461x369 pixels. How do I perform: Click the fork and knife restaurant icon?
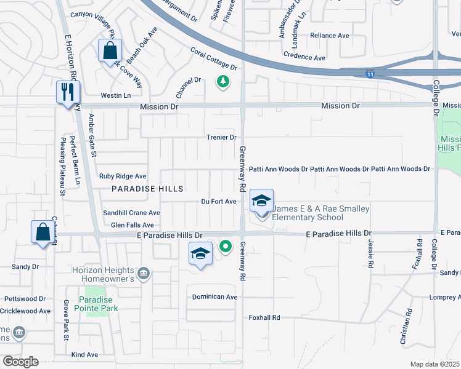[67, 93]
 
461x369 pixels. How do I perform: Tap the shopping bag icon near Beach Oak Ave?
[110, 52]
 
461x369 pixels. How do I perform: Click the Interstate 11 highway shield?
[369, 74]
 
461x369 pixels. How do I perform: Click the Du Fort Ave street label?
[219, 201]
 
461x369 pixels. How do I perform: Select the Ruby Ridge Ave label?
[123, 176]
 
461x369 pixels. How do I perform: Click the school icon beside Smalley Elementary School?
[261, 202]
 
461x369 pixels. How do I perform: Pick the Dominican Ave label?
[214, 296]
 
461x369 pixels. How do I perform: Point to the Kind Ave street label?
[84, 355]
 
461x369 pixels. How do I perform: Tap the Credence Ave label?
[304, 57]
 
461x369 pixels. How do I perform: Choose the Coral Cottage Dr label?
[213, 58]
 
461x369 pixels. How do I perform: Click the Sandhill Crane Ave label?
[131, 213]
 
